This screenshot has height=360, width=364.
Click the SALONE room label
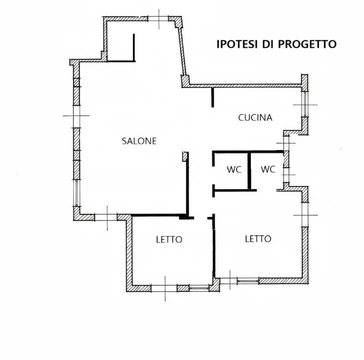[x=139, y=141]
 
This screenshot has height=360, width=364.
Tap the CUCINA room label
[x=255, y=118]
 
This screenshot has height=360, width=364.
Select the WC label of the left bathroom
[x=234, y=169]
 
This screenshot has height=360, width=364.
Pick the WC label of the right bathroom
[x=268, y=169]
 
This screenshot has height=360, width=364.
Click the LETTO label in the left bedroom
[x=169, y=239]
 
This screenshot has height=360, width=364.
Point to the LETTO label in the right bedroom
[x=258, y=238]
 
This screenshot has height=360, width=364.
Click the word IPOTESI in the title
[x=236, y=44]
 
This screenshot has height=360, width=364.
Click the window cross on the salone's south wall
[x=106, y=218]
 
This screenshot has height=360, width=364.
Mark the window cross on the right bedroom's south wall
[x=229, y=280]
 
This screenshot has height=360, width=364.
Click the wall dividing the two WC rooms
[x=249, y=170]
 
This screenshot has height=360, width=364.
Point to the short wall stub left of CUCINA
[x=212, y=96]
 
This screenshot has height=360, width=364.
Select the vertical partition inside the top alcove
[x=134, y=47]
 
